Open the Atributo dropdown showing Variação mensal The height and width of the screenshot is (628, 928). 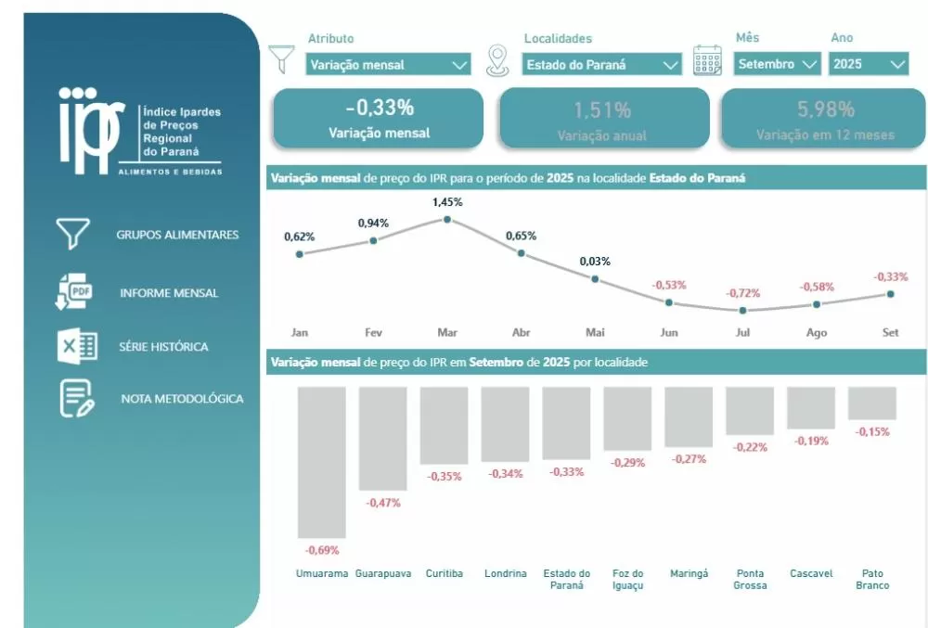[389, 65]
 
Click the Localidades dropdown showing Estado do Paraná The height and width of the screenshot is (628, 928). [602, 65]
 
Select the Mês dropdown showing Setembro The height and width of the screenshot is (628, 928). [778, 64]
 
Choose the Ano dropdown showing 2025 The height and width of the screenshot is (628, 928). [869, 64]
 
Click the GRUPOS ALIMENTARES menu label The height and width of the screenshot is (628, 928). [177, 235]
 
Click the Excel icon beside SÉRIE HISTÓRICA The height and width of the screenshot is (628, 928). [77, 347]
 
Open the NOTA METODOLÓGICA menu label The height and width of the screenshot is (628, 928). [182, 399]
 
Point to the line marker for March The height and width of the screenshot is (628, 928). [447, 220]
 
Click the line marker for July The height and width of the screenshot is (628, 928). [743, 310]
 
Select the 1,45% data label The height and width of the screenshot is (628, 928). [447, 201]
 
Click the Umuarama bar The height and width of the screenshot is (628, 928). [321, 462]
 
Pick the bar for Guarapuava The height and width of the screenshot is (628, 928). [382, 438]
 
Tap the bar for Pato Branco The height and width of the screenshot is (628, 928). [872, 404]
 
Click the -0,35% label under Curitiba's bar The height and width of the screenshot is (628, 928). [444, 477]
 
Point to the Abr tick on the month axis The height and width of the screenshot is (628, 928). [521, 332]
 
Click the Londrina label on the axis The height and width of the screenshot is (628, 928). [505, 573]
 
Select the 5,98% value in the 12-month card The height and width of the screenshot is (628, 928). [825, 109]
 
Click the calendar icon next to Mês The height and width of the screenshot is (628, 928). [708, 59]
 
